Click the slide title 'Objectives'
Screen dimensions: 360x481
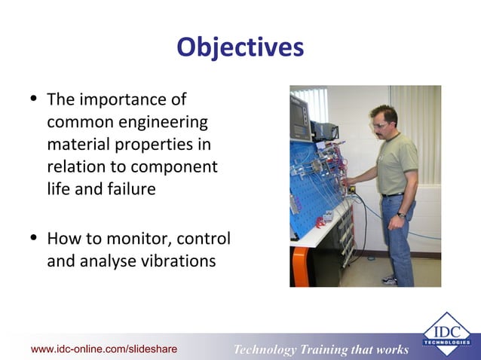point(240,47)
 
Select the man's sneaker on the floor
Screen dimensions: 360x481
point(389,280)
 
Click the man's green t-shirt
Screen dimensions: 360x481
point(395,163)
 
